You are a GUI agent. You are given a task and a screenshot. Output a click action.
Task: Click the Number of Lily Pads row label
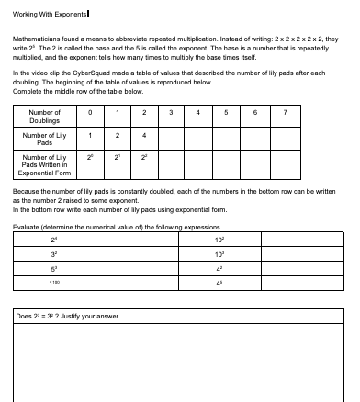(45, 139)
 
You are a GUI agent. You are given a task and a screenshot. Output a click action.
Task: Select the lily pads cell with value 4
(145, 135)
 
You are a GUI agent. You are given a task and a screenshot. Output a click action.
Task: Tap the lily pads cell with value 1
(91, 135)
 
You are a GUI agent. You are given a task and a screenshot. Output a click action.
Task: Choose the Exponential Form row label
(45, 166)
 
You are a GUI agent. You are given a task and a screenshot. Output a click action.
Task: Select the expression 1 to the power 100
(54, 283)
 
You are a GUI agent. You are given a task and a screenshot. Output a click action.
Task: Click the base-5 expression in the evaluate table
(54, 270)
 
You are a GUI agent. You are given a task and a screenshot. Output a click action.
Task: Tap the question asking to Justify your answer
(69, 315)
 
